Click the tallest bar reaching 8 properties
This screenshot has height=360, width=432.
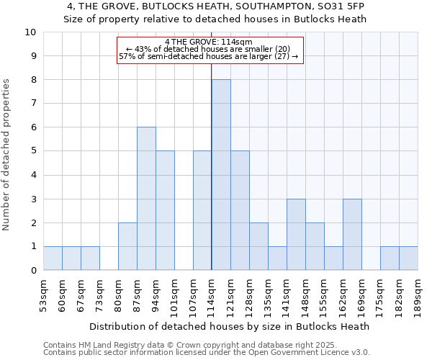click(x=221, y=175)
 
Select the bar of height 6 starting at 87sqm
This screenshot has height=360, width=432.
click(x=146, y=199)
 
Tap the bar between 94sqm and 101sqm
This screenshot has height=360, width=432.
click(x=165, y=210)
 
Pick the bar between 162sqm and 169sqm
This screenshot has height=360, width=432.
click(x=352, y=234)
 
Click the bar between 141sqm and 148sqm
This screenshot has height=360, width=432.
click(x=296, y=234)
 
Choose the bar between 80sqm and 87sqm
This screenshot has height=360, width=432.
click(x=127, y=246)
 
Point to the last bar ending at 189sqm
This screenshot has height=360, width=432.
click(x=408, y=258)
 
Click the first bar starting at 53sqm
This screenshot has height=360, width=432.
click(x=53, y=258)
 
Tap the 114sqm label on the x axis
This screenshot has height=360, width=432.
click(x=212, y=294)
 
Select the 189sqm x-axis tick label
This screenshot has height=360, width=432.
click(x=418, y=294)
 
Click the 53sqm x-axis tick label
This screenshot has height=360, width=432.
click(x=43, y=293)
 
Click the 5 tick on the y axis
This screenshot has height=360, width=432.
click(x=33, y=151)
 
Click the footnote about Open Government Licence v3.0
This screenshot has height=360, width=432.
click(x=206, y=353)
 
